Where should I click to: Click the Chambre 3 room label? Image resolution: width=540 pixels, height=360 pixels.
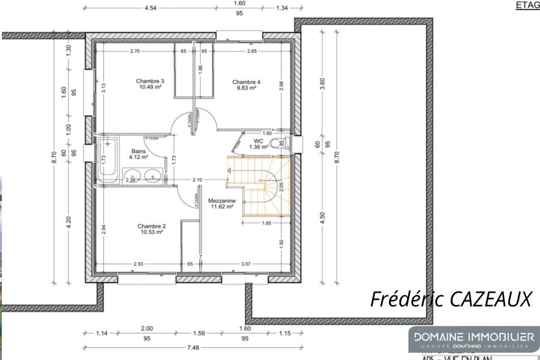[x=150, y=82]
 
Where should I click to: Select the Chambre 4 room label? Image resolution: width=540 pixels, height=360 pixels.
[x=246, y=82]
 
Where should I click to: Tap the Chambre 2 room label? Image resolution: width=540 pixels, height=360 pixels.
[x=151, y=226]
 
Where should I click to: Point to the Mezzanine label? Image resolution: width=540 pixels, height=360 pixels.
[x=221, y=201]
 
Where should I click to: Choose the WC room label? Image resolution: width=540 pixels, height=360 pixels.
[x=259, y=142]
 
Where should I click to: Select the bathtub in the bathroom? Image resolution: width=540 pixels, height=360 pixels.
[x=109, y=159]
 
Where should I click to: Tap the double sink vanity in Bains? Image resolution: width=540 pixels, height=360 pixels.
[x=144, y=176]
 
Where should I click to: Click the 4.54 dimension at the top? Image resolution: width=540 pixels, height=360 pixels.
[x=151, y=8]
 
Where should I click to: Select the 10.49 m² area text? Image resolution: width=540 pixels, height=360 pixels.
[x=150, y=87]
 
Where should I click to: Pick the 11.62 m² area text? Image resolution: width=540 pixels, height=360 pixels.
[x=221, y=207]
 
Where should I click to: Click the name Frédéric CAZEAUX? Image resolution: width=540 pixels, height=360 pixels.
[x=451, y=298]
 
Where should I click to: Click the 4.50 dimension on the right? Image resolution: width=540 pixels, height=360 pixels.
[x=322, y=216]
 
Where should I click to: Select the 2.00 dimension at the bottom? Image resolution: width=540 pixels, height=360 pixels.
[x=146, y=328]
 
